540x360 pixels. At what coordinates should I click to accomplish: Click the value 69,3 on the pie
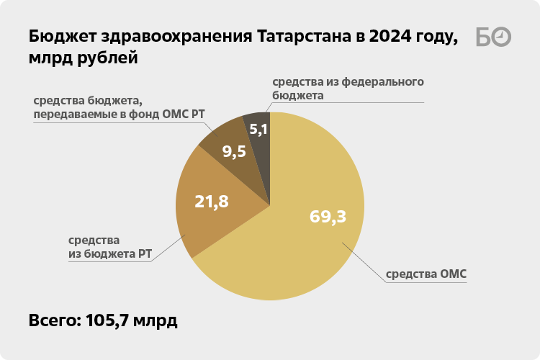328,216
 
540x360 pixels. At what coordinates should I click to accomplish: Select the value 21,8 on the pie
212,202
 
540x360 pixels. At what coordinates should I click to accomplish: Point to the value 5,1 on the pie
258,130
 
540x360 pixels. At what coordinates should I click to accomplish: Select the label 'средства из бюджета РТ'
109,247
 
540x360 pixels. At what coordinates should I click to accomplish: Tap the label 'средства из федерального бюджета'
347,88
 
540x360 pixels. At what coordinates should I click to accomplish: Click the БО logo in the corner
494,37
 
